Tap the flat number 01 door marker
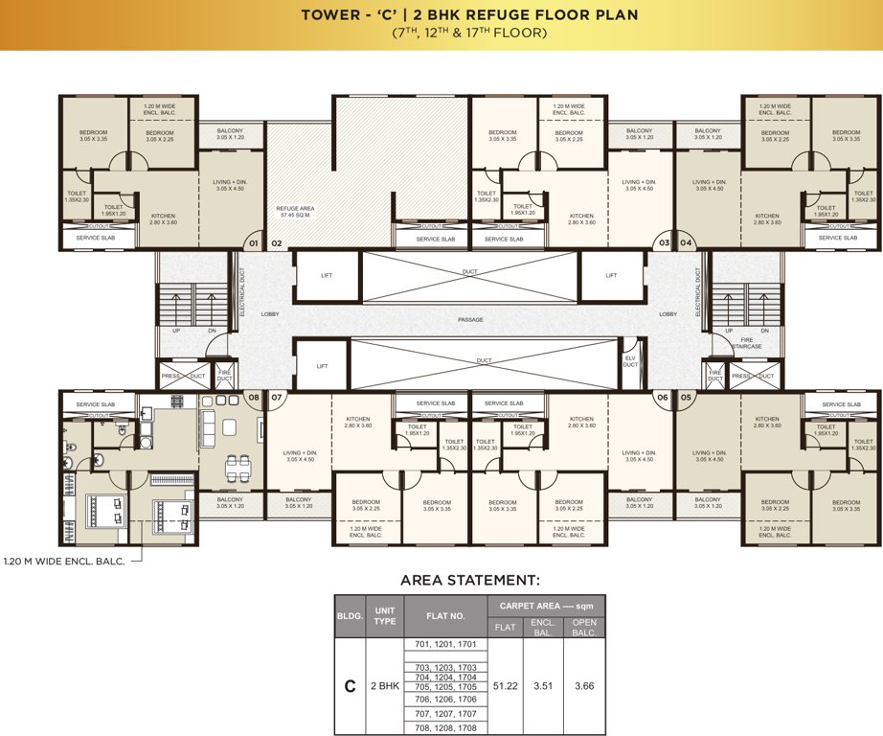click(x=253, y=244)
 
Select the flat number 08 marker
click(x=254, y=396)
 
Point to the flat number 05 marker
click(x=686, y=396)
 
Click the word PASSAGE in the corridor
click(x=469, y=319)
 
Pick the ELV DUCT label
click(x=630, y=361)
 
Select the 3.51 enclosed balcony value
click(x=544, y=686)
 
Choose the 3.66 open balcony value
click(x=583, y=686)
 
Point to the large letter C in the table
click(x=351, y=686)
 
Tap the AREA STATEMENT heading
click(x=469, y=580)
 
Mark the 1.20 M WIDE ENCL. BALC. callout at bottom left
click(x=63, y=561)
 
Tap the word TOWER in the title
click(x=330, y=15)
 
